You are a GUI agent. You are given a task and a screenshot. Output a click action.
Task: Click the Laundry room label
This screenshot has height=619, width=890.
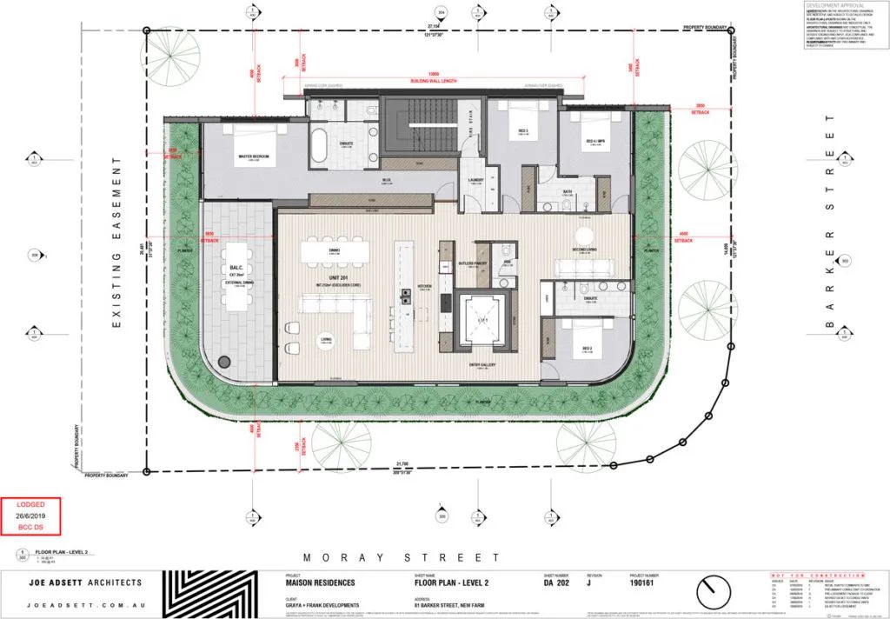point(475,181)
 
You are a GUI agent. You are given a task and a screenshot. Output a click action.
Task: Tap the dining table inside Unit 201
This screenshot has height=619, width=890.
point(335,251)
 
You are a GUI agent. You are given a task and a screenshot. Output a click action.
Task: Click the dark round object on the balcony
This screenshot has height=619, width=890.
point(224,361)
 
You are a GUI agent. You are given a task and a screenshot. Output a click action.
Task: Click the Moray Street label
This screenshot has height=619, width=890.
point(401,557)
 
